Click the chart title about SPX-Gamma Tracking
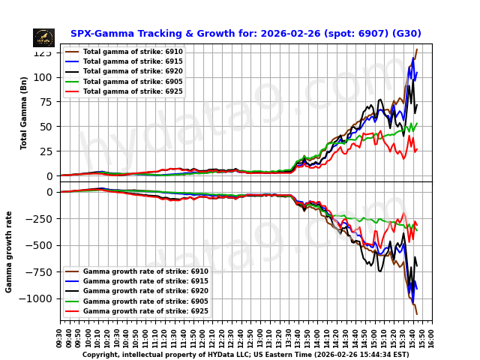(x=245, y=34)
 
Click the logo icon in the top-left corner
(x=43, y=37)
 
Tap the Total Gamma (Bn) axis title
(x=24, y=112)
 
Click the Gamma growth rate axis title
(x=10, y=251)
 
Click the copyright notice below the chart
(x=245, y=355)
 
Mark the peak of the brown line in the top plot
(x=417, y=49)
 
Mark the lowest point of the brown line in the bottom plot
(x=417, y=315)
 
